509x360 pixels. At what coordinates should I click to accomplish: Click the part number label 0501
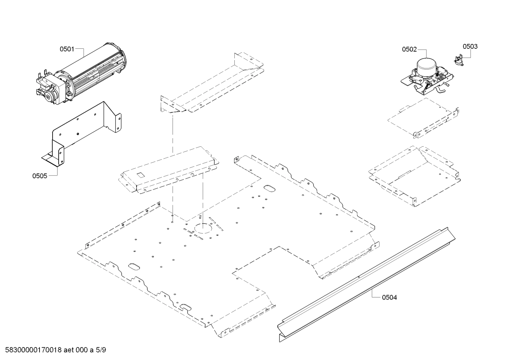click(x=66, y=49)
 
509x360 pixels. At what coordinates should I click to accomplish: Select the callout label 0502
click(x=409, y=49)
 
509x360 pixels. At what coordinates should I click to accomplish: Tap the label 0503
click(x=470, y=47)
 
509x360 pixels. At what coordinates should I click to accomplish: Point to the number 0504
click(x=389, y=297)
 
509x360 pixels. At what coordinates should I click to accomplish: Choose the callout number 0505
click(x=40, y=176)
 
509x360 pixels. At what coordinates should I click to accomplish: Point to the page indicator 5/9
click(x=101, y=350)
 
